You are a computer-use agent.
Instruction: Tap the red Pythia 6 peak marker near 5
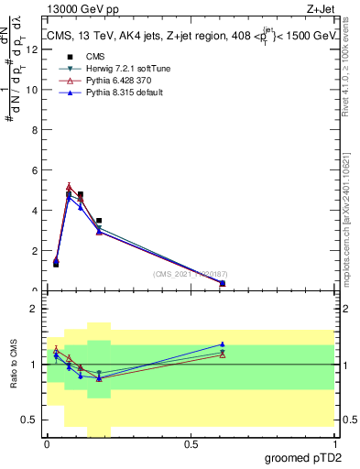(x=69, y=187)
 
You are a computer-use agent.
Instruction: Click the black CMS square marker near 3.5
(x=99, y=221)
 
